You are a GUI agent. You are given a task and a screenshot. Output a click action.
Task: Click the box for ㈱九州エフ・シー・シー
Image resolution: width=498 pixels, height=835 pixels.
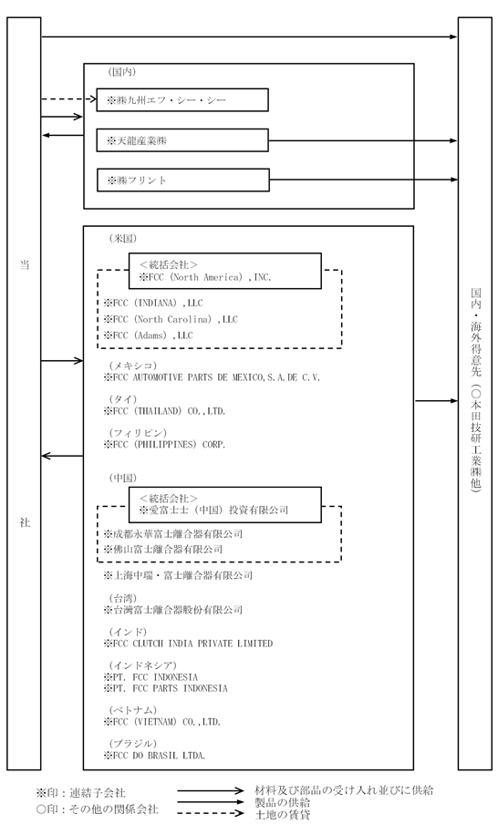tap(182, 99)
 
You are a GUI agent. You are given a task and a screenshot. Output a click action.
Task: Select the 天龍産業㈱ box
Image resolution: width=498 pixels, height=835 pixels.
tap(182, 140)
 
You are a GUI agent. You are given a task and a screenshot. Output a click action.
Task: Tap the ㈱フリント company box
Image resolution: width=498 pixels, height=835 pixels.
tap(182, 180)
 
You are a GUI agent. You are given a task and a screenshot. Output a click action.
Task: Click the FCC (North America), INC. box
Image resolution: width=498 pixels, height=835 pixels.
tap(224, 271)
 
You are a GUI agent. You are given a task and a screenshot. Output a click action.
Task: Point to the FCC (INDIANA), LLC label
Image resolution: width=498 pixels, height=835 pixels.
tap(153, 303)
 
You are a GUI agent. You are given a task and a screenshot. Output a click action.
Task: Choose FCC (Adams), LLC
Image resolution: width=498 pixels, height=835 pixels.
tap(149, 335)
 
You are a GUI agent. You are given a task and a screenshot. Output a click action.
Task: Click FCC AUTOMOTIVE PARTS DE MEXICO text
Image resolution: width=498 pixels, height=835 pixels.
tap(212, 377)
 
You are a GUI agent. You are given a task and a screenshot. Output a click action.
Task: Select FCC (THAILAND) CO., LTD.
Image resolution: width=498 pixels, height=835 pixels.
tap(164, 411)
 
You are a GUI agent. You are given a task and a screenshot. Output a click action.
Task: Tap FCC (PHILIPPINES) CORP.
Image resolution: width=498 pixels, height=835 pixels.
tap(164, 444)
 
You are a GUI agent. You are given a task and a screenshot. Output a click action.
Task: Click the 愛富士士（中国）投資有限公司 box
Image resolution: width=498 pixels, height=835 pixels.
tap(224, 504)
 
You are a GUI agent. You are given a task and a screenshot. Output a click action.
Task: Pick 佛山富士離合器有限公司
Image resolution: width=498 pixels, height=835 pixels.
tap(163, 550)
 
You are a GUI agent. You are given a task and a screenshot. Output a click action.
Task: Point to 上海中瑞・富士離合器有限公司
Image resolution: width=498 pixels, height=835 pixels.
tap(178, 575)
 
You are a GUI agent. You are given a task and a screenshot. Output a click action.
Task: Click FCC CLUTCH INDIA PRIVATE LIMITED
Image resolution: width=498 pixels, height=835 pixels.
tap(188, 644)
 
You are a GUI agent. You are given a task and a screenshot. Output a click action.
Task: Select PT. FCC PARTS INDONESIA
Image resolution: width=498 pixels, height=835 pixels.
tap(166, 688)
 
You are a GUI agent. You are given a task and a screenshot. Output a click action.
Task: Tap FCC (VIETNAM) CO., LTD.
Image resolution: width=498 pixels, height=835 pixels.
tap(162, 722)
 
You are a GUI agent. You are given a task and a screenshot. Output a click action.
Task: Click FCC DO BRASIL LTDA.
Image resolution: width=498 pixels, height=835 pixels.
tap(155, 755)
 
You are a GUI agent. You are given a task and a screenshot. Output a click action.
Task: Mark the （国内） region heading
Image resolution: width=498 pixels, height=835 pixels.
tap(122, 71)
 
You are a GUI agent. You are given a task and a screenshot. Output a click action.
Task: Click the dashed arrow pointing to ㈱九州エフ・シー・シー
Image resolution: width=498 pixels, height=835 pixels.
tap(68, 98)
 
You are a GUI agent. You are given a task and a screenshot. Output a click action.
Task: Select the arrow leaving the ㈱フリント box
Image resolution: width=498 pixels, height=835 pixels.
tap(363, 180)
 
